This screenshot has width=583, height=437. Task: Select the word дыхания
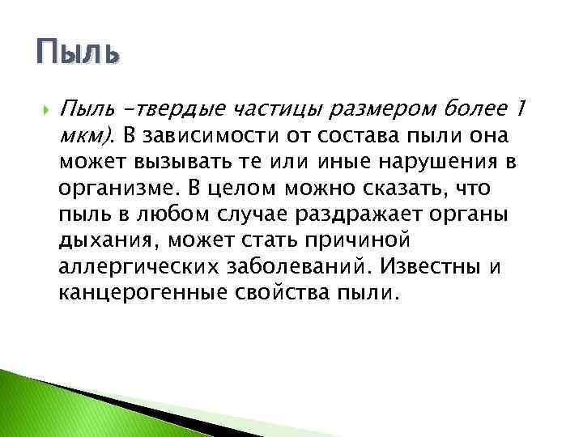point(101,240)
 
